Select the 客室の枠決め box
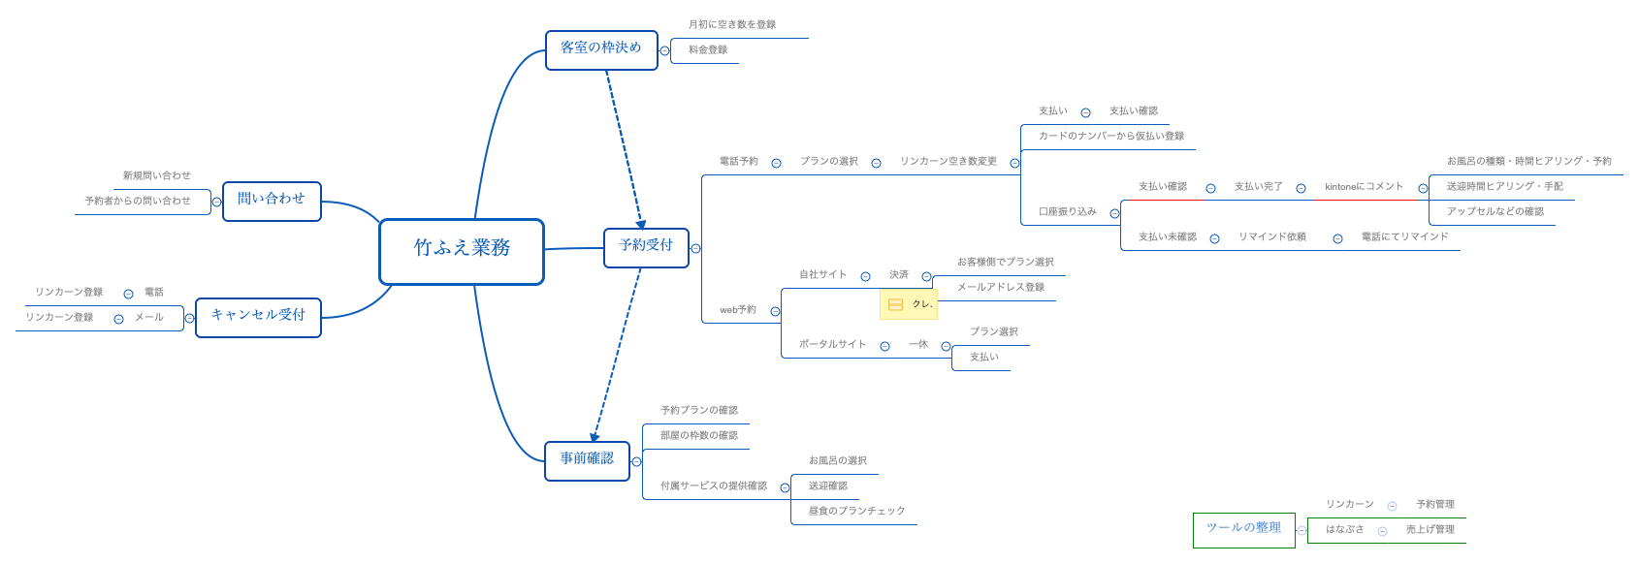[601, 48]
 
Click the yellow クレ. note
[909, 304]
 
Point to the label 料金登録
[708, 50]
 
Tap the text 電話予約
[739, 162]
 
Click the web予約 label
[738, 310]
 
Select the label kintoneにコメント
[1364, 187]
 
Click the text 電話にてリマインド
[1404, 237]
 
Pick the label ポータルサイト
[832, 345]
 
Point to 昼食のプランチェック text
[856, 512]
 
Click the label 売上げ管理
[1430, 530]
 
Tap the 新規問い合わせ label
[157, 176]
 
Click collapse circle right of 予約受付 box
[695, 248]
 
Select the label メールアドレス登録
[1001, 288]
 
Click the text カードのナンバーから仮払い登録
[1111, 137]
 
